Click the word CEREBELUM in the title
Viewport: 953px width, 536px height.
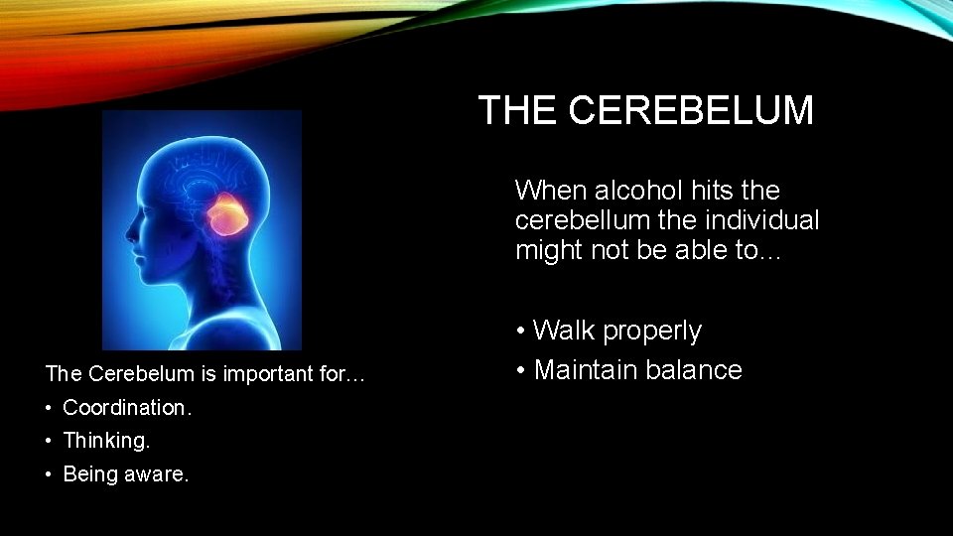pyautogui.click(x=691, y=110)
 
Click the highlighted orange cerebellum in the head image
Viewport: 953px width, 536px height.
pyautogui.click(x=227, y=213)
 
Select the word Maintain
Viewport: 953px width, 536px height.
pyautogui.click(x=582, y=370)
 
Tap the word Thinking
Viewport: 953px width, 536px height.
pyautogui.click(x=106, y=440)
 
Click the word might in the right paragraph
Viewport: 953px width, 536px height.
pyautogui.click(x=542, y=250)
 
